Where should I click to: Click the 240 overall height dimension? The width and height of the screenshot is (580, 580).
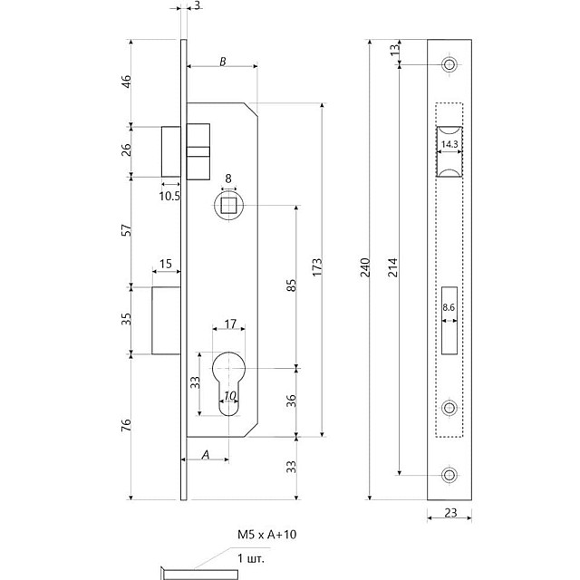365,267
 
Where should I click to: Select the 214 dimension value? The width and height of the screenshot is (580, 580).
392,267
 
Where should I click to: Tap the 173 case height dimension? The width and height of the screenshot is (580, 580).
317,267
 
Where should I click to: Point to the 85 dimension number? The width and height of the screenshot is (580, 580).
292,285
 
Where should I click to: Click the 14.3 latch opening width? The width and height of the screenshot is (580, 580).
449,144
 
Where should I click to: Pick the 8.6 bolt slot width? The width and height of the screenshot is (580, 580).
449,307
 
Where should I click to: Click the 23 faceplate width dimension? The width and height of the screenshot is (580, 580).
450,513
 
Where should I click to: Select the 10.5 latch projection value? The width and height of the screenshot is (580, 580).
169,196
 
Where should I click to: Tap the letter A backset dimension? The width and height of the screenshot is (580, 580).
206,454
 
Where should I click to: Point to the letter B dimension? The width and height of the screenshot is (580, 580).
222,62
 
